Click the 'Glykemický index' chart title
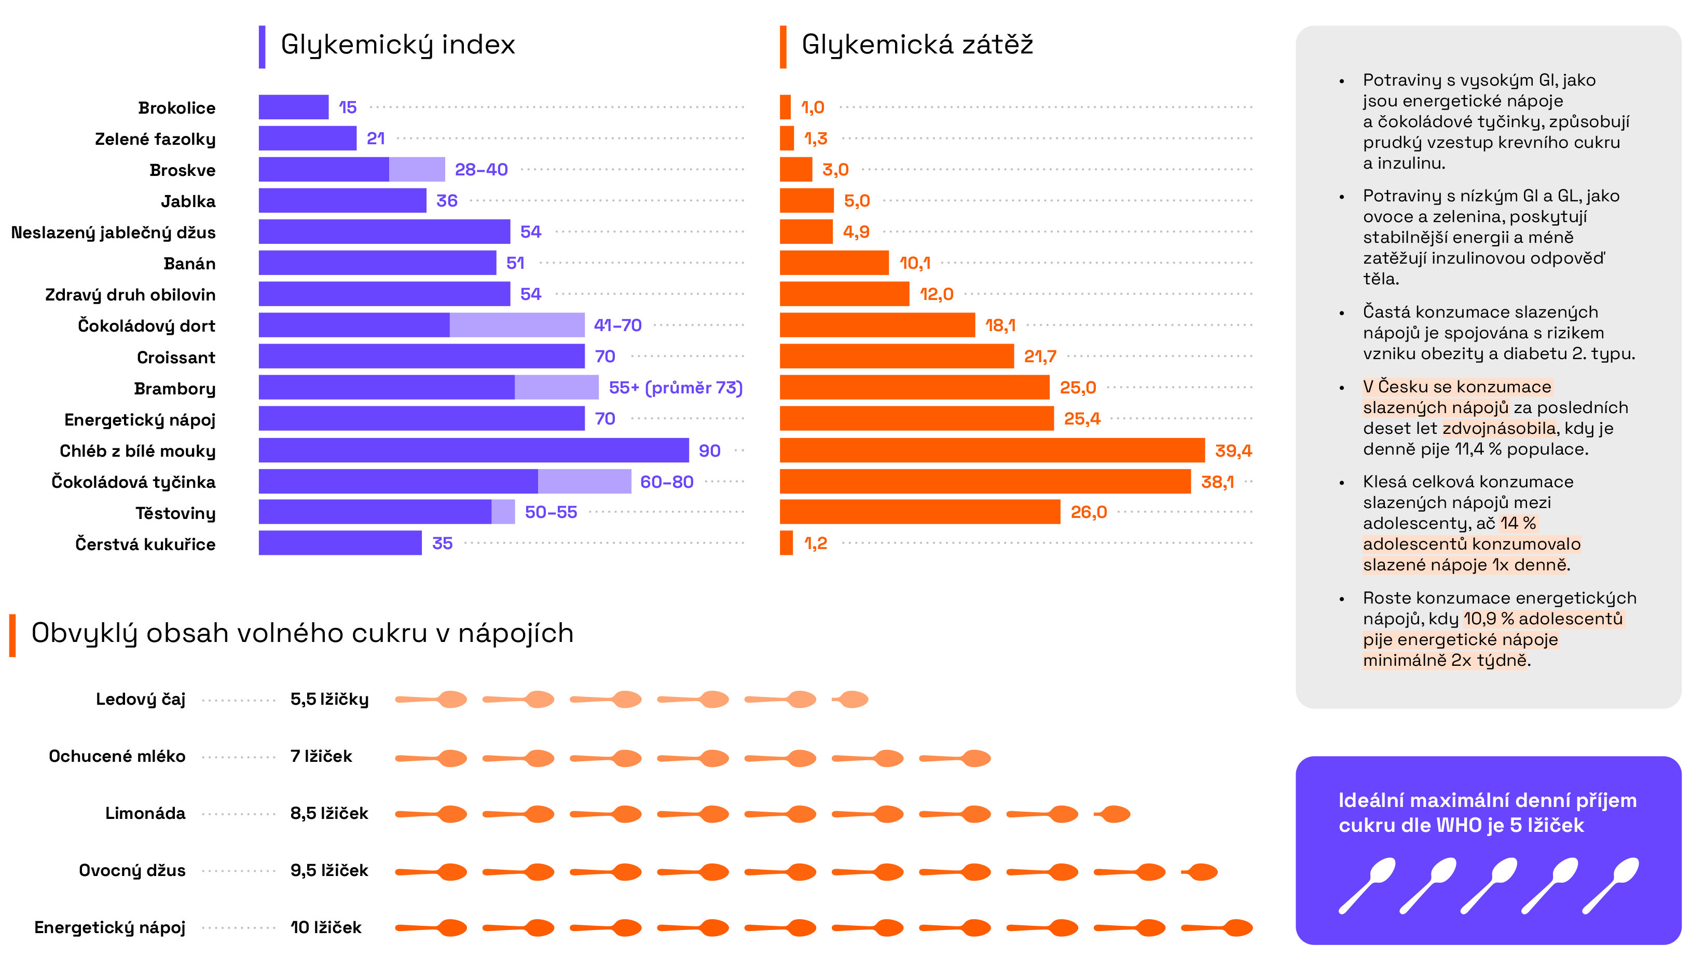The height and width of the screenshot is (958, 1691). (397, 45)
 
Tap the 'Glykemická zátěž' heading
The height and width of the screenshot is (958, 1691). (917, 45)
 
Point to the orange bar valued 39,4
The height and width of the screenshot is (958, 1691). (992, 450)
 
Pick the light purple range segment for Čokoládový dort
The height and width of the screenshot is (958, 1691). (517, 325)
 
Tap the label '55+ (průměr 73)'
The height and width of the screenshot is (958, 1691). (676, 388)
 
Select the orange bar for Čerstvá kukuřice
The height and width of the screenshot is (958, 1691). (786, 543)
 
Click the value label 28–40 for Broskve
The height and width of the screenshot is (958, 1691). (481, 170)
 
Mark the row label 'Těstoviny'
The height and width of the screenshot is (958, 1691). (175, 513)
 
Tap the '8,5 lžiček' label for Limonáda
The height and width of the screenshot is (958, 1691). (329, 814)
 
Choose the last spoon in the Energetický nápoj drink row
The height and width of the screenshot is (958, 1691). (1218, 928)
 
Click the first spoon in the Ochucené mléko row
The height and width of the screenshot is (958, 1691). (432, 758)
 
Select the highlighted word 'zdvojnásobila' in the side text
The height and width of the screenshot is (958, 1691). (1500, 428)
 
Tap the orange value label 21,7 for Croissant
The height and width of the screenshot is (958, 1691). (1039, 357)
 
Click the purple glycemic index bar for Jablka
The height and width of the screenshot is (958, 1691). (342, 201)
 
